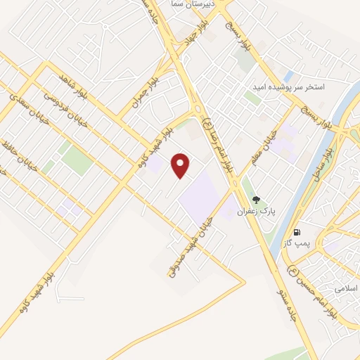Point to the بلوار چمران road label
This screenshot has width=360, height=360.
[148, 90]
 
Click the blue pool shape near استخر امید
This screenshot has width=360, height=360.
[288, 74]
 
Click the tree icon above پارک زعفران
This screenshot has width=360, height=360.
[256, 200]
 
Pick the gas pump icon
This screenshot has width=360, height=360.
[298, 231]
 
